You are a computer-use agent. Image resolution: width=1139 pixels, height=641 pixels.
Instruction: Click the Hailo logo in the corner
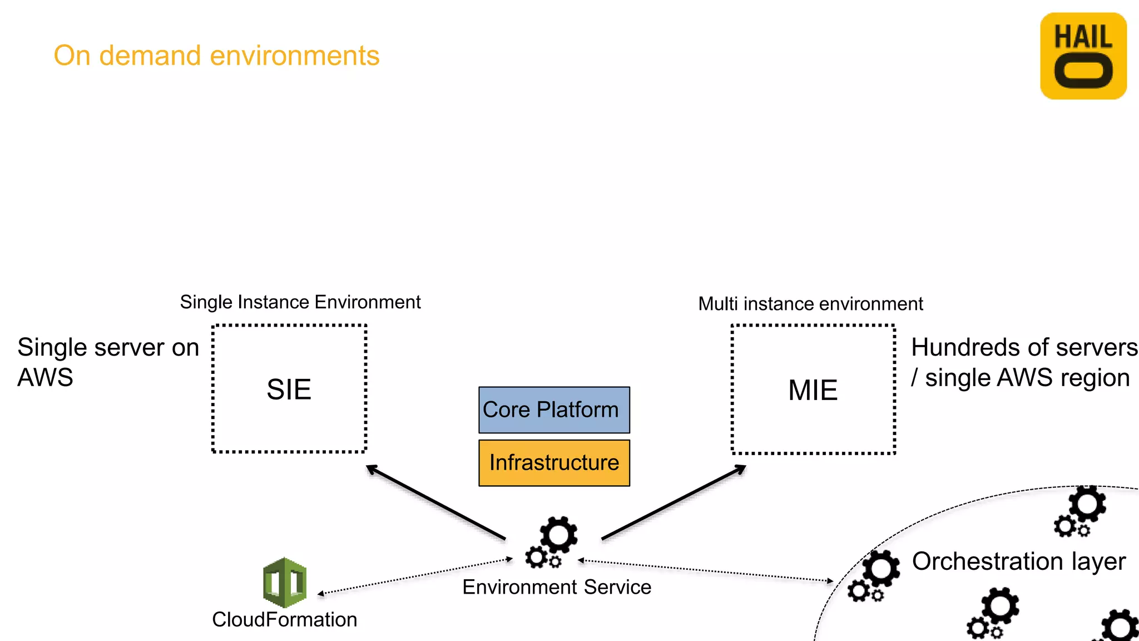click(x=1083, y=56)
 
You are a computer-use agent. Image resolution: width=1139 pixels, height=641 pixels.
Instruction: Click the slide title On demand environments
click(x=216, y=56)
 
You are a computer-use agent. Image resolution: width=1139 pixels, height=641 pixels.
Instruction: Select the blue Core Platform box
click(x=554, y=410)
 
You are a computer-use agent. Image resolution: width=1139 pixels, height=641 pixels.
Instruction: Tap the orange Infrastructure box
click(x=554, y=463)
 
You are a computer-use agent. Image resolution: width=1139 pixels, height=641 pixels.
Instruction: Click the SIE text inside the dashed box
click(x=289, y=389)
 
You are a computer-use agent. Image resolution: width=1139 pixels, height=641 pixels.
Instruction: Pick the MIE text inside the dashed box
click(x=813, y=390)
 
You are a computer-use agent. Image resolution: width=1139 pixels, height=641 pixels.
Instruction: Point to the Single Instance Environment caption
click(x=300, y=302)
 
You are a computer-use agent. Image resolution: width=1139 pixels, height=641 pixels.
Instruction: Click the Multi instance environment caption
click(x=810, y=304)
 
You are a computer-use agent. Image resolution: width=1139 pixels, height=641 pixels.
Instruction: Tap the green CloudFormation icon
click(x=285, y=582)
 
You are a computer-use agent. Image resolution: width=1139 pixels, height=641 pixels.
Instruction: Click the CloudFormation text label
click(x=284, y=619)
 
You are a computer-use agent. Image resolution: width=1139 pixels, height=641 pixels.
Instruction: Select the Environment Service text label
click(x=556, y=587)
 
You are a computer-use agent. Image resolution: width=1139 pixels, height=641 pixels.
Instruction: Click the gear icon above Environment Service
click(x=552, y=542)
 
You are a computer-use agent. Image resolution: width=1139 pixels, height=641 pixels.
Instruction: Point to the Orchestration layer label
click(x=1018, y=561)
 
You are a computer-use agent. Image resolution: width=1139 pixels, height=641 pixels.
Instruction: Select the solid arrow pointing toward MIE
click(x=674, y=502)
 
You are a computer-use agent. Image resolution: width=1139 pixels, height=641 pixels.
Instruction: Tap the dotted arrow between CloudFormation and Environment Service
click(x=414, y=576)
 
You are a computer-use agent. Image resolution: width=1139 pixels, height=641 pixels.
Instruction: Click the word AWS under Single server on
click(x=45, y=378)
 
